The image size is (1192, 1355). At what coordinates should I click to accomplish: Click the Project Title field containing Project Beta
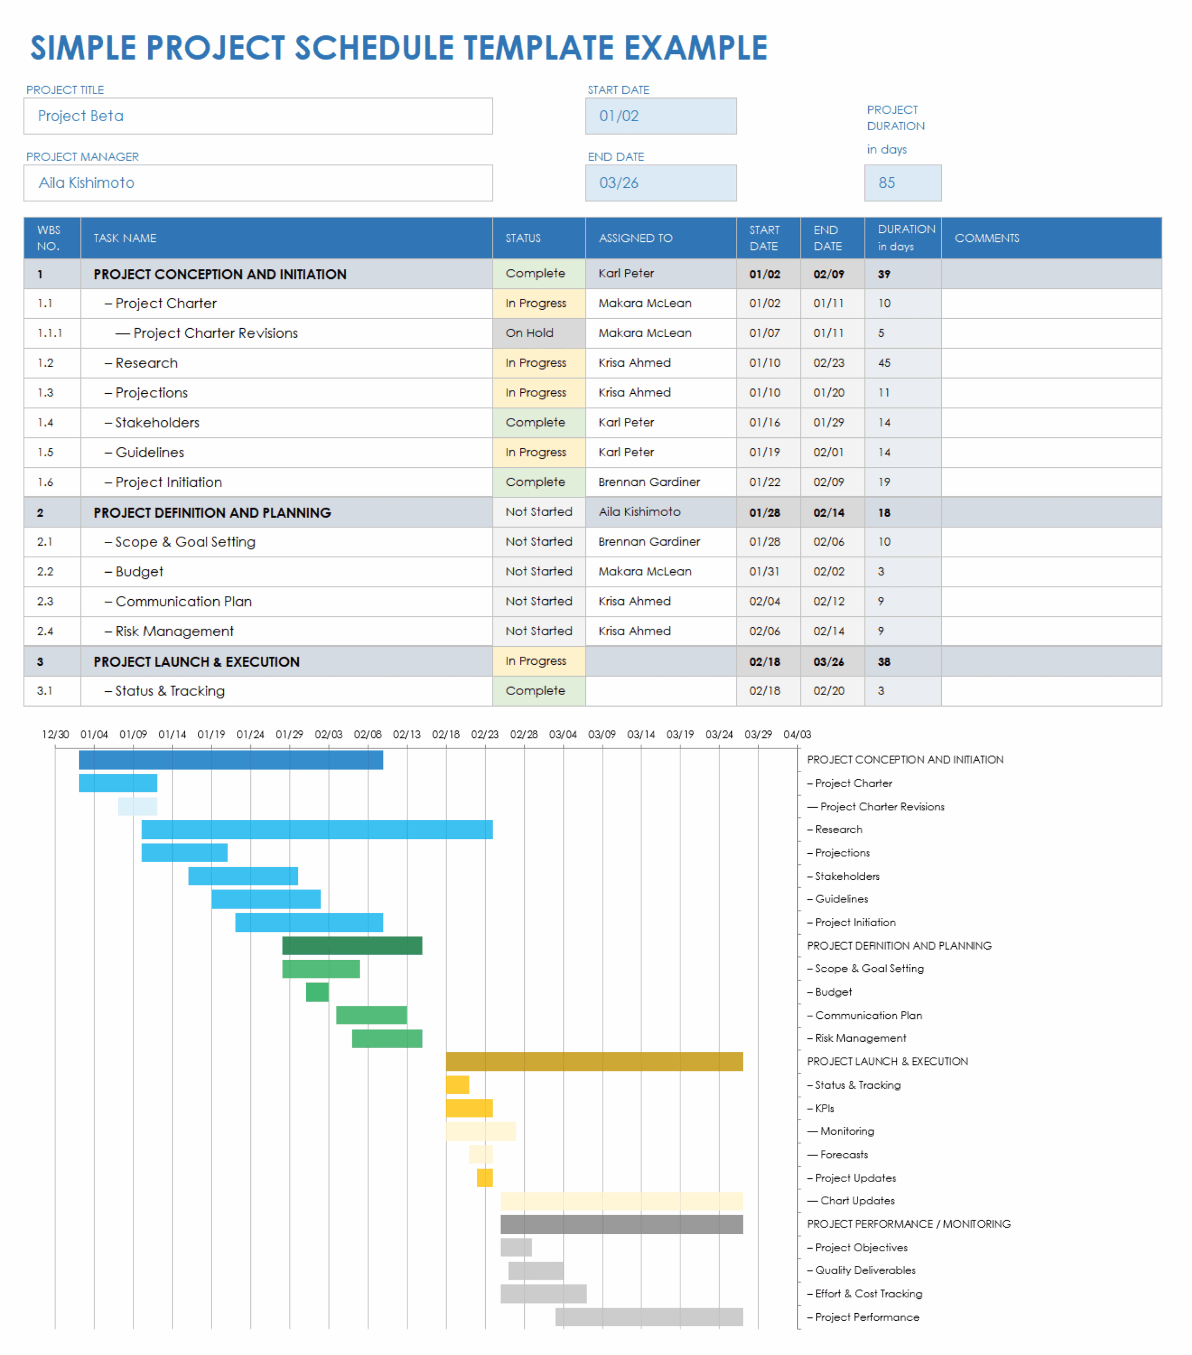tap(258, 116)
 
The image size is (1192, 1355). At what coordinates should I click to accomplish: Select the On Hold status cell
tap(538, 333)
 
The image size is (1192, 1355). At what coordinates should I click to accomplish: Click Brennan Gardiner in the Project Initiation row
tap(649, 482)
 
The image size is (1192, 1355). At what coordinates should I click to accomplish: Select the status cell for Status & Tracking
tap(538, 691)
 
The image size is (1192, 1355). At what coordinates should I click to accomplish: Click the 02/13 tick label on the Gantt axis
tap(406, 735)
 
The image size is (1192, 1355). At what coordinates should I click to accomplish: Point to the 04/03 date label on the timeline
tap(796, 735)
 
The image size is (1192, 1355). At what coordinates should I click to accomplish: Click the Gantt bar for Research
tap(317, 829)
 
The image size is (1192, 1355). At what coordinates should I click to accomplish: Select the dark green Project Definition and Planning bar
tap(352, 945)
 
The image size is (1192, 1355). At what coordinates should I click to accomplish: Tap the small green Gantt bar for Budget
tap(317, 992)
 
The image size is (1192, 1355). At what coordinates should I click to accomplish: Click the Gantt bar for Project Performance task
tap(649, 1316)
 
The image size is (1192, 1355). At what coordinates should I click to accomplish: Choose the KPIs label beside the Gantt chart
tap(824, 1108)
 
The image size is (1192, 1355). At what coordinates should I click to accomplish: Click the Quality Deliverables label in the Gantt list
tap(865, 1270)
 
